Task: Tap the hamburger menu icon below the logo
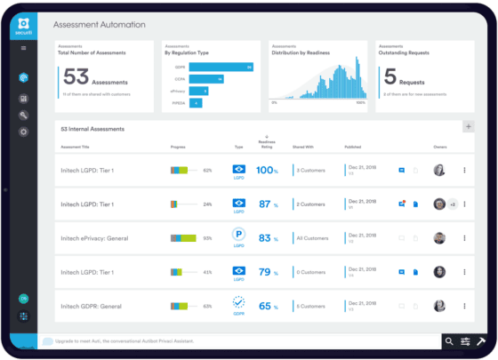coord(24,47)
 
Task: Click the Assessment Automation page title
coord(99,25)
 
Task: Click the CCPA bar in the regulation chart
coord(206,78)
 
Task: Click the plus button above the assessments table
coord(469,127)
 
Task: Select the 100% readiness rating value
coord(268,170)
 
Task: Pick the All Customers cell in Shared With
coord(312,238)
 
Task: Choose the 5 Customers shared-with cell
coord(311,306)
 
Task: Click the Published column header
coord(354,146)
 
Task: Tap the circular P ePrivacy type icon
coord(238,236)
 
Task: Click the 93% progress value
coord(207,238)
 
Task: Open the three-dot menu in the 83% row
coord(463,238)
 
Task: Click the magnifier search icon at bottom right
coord(450,341)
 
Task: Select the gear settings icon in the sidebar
coord(24,132)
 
